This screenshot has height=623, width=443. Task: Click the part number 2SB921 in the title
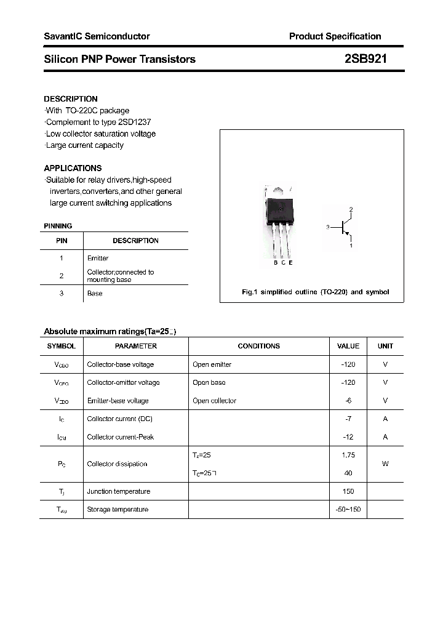click(x=365, y=59)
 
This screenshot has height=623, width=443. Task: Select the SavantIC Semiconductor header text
click(x=97, y=36)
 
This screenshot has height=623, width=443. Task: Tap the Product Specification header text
click(x=335, y=36)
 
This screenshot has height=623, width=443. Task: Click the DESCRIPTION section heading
click(x=71, y=99)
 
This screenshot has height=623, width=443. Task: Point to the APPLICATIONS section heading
click(x=73, y=168)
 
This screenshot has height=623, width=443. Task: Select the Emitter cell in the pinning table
click(x=98, y=259)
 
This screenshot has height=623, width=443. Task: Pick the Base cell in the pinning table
click(x=95, y=294)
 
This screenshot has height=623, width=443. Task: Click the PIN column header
click(x=62, y=241)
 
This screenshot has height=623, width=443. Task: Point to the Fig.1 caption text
click(x=315, y=292)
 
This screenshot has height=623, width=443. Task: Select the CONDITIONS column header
click(x=258, y=346)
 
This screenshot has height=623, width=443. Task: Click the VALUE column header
click(x=348, y=346)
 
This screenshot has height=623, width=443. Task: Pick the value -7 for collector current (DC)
click(x=348, y=419)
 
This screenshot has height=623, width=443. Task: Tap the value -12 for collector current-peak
click(x=348, y=437)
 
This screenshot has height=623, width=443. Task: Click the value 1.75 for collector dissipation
click(x=348, y=455)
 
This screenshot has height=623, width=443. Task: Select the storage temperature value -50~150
click(x=348, y=510)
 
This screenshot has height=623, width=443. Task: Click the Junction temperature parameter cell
click(x=118, y=491)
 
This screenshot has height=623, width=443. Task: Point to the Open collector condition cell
click(x=214, y=401)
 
